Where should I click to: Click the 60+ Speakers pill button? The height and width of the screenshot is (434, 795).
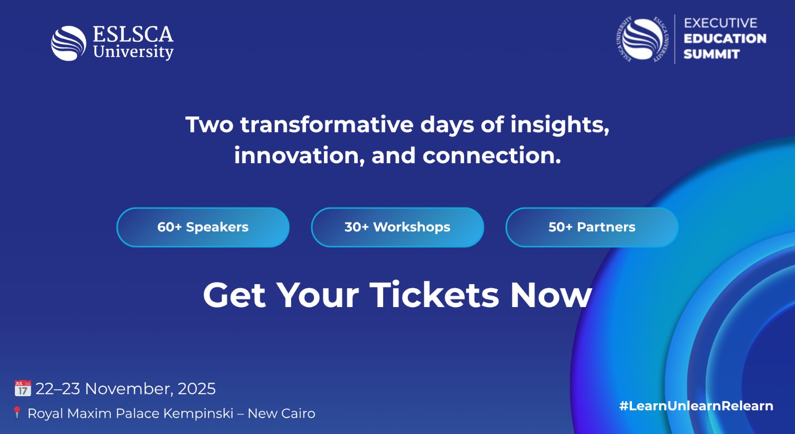pyautogui.click(x=203, y=227)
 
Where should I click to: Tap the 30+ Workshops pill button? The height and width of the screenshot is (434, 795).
pyautogui.click(x=397, y=227)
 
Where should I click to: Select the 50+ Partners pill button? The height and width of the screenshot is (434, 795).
pyautogui.click(x=592, y=227)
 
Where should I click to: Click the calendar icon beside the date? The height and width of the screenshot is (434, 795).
pyautogui.click(x=23, y=388)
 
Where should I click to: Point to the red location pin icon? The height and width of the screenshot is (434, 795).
pyautogui.click(x=17, y=413)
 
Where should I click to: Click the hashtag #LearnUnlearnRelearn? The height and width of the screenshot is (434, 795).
pyautogui.click(x=696, y=406)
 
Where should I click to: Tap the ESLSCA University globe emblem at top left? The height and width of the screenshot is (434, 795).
pyautogui.click(x=69, y=43)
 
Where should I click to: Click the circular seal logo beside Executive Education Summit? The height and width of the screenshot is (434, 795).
pyautogui.click(x=642, y=39)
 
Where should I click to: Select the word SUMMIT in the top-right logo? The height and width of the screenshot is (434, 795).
pyautogui.click(x=712, y=54)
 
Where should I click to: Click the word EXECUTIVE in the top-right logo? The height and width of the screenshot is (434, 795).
pyautogui.click(x=720, y=23)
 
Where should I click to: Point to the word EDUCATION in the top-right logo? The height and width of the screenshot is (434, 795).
pyautogui.click(x=725, y=38)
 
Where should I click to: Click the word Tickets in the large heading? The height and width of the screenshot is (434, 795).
pyautogui.click(x=434, y=295)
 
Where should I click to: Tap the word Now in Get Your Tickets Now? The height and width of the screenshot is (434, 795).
pyautogui.click(x=551, y=295)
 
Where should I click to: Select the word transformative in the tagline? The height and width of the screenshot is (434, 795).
pyautogui.click(x=327, y=125)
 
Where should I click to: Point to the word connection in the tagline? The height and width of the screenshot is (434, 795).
pyautogui.click(x=492, y=156)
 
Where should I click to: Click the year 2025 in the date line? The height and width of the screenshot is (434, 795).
pyautogui.click(x=197, y=389)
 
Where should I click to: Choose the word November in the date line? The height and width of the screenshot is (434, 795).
pyautogui.click(x=129, y=389)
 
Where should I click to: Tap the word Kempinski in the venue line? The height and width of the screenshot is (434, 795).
pyautogui.click(x=198, y=414)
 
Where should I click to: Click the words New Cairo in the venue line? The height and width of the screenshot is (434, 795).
pyautogui.click(x=281, y=414)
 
